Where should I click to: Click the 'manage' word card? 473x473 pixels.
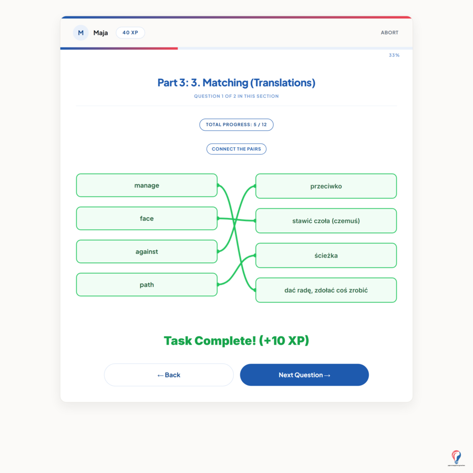click(147, 185)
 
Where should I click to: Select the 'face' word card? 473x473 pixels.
click(147, 219)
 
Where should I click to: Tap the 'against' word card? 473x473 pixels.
click(147, 252)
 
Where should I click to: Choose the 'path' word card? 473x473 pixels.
click(147, 285)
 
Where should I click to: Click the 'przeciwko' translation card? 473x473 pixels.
click(326, 186)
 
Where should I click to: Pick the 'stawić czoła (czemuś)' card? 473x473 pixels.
click(326, 221)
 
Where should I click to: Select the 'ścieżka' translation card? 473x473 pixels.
click(326, 255)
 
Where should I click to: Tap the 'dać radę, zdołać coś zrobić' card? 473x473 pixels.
click(326, 290)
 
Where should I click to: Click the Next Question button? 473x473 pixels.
click(304, 375)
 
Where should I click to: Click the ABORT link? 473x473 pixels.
click(389, 33)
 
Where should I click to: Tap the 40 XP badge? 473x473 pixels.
click(130, 33)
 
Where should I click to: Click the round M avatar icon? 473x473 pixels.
click(81, 33)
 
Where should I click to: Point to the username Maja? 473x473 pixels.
click(100, 33)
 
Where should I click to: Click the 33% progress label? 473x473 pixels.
click(394, 55)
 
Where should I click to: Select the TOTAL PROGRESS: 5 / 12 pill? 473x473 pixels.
click(236, 125)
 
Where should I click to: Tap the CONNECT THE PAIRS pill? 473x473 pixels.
click(236, 149)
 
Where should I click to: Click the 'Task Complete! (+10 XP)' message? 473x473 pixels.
click(236, 341)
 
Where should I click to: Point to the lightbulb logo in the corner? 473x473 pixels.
click(456, 458)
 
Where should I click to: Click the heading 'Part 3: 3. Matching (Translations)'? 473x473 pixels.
click(236, 83)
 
